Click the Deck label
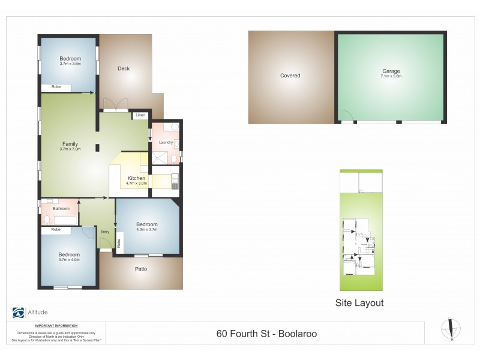tap(124, 68)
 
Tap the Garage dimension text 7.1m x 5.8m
tap(391, 77)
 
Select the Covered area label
tap(290, 76)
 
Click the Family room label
tap(70, 143)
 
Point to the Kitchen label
tap(136, 178)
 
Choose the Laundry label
tap(166, 142)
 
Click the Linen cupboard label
tap(140, 115)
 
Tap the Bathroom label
tap(61, 208)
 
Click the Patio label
tap(140, 269)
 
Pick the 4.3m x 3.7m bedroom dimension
tap(146, 229)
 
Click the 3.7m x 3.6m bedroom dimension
tap(70, 64)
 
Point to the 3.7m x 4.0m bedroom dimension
tap(69, 260)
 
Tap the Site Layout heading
tap(359, 303)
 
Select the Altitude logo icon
tap(19, 312)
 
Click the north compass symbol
tap(451, 328)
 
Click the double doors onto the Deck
tap(115, 105)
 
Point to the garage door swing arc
tap(346, 116)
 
